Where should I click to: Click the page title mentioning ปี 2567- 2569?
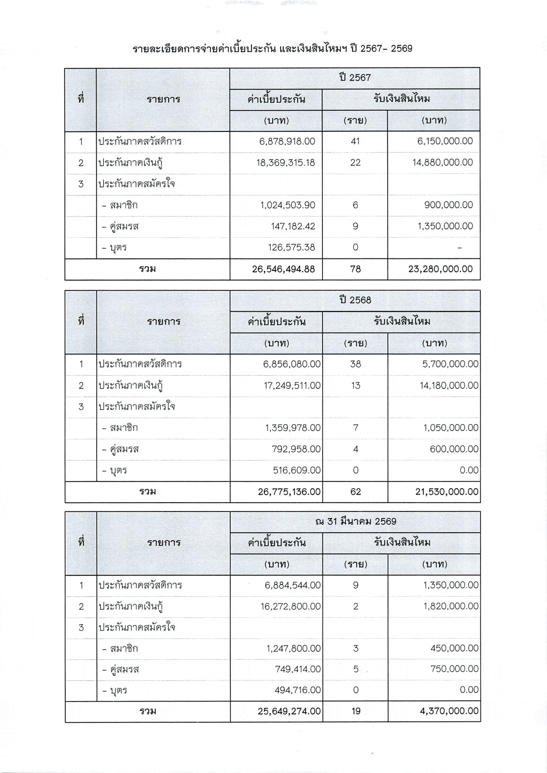pos(272,49)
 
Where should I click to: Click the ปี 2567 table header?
pos(355,78)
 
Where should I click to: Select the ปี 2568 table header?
pos(355,300)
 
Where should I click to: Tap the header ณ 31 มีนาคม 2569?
pos(356,522)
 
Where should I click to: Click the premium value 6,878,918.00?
pos(287,142)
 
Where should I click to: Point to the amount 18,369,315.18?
pos(285,163)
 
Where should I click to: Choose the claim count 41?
pos(355,142)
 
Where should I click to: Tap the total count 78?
pos(355,269)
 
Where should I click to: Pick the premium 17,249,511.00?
pos(292,386)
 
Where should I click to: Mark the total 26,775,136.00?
pos(289,492)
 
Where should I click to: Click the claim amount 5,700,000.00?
pos(450,364)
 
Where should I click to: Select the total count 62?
pos(356,492)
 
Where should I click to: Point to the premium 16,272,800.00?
pos(290,607)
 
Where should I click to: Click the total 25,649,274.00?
pos(289,711)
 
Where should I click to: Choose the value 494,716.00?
pos(297,690)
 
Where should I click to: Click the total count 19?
pos(356,711)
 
